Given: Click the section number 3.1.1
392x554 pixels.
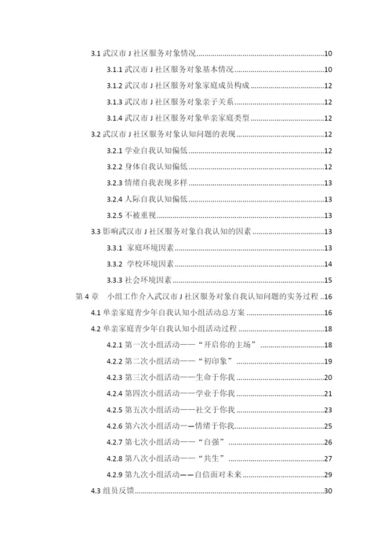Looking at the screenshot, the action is click(x=114, y=70).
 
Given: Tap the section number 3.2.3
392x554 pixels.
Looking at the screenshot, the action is click(x=114, y=183).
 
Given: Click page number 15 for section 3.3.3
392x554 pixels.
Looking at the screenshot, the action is click(x=329, y=280).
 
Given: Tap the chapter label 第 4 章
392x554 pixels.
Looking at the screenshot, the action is click(x=85, y=296).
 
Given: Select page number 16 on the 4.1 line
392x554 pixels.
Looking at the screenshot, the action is click(x=329, y=313).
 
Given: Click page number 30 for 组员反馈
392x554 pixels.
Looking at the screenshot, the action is click(x=329, y=491).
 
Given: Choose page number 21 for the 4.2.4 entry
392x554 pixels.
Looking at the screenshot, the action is click(x=329, y=394).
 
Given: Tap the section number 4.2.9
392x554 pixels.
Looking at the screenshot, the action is click(x=114, y=475).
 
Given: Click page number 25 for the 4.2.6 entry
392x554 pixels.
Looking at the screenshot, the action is click(x=329, y=426).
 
